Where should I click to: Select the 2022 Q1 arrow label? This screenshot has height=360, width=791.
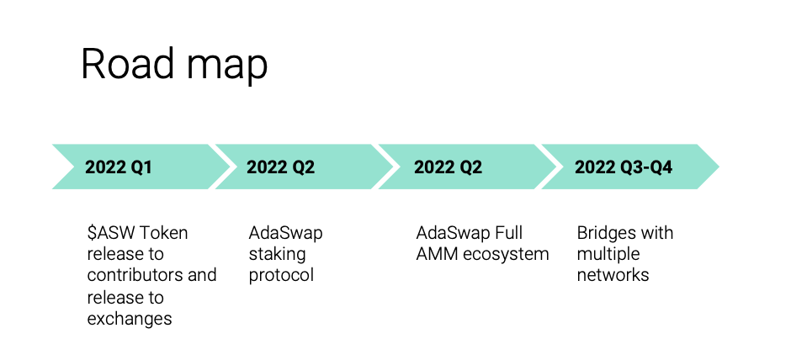(119, 167)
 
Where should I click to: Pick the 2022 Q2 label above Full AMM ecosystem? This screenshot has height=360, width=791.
(448, 167)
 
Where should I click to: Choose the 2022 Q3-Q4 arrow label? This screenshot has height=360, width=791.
(624, 167)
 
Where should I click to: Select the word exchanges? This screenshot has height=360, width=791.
(130, 319)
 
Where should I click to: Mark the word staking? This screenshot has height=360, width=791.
(277, 254)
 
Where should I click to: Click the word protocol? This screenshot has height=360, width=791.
(281, 275)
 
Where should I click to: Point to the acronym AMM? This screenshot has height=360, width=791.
(434, 254)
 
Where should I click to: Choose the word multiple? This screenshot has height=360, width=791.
(608, 254)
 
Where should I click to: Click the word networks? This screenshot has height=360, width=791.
(613, 275)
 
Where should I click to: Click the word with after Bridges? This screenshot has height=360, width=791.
(657, 232)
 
